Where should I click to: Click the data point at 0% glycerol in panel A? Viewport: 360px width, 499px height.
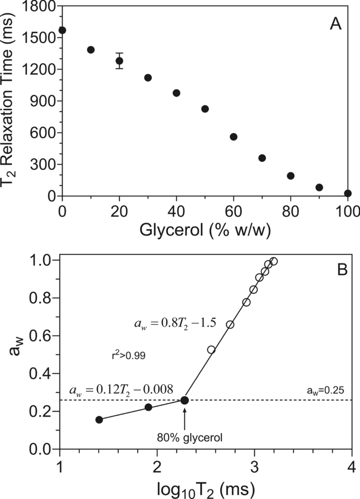[x=63, y=30]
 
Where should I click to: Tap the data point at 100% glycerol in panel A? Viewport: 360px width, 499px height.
[x=347, y=194]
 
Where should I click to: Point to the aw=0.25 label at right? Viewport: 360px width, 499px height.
[x=324, y=391]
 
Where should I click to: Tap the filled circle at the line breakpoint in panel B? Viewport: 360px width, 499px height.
[x=184, y=401]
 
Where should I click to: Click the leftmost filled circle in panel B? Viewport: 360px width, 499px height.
[x=99, y=420]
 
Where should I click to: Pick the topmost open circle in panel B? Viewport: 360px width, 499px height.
[x=273, y=261]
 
